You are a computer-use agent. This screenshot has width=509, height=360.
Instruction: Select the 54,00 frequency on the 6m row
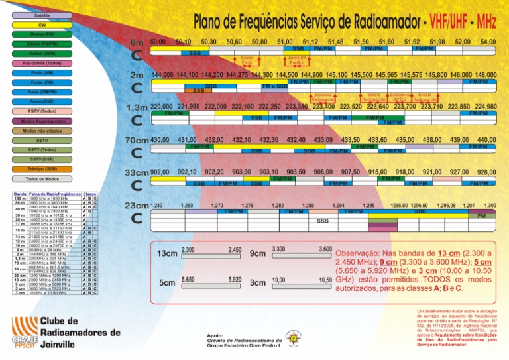click(x=488, y=42)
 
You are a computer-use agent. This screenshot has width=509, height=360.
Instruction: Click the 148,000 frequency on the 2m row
click(x=486, y=74)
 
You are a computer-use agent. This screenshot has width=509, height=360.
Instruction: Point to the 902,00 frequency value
click(x=160, y=172)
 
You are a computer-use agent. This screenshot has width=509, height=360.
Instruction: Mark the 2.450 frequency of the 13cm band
click(x=234, y=249)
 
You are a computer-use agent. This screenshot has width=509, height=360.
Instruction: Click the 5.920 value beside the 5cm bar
click(x=234, y=280)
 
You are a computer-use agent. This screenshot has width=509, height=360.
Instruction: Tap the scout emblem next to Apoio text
click(x=294, y=337)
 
